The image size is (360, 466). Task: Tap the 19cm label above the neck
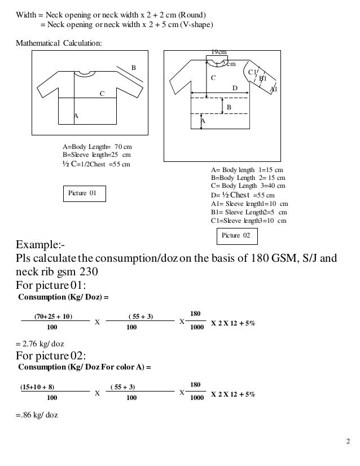coord(217,52)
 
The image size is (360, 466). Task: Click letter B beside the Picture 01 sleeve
coord(134,68)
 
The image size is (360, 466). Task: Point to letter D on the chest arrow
coord(235,88)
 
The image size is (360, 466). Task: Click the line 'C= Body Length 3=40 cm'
coord(247,186)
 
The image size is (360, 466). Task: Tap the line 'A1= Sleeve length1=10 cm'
coord(249,204)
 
